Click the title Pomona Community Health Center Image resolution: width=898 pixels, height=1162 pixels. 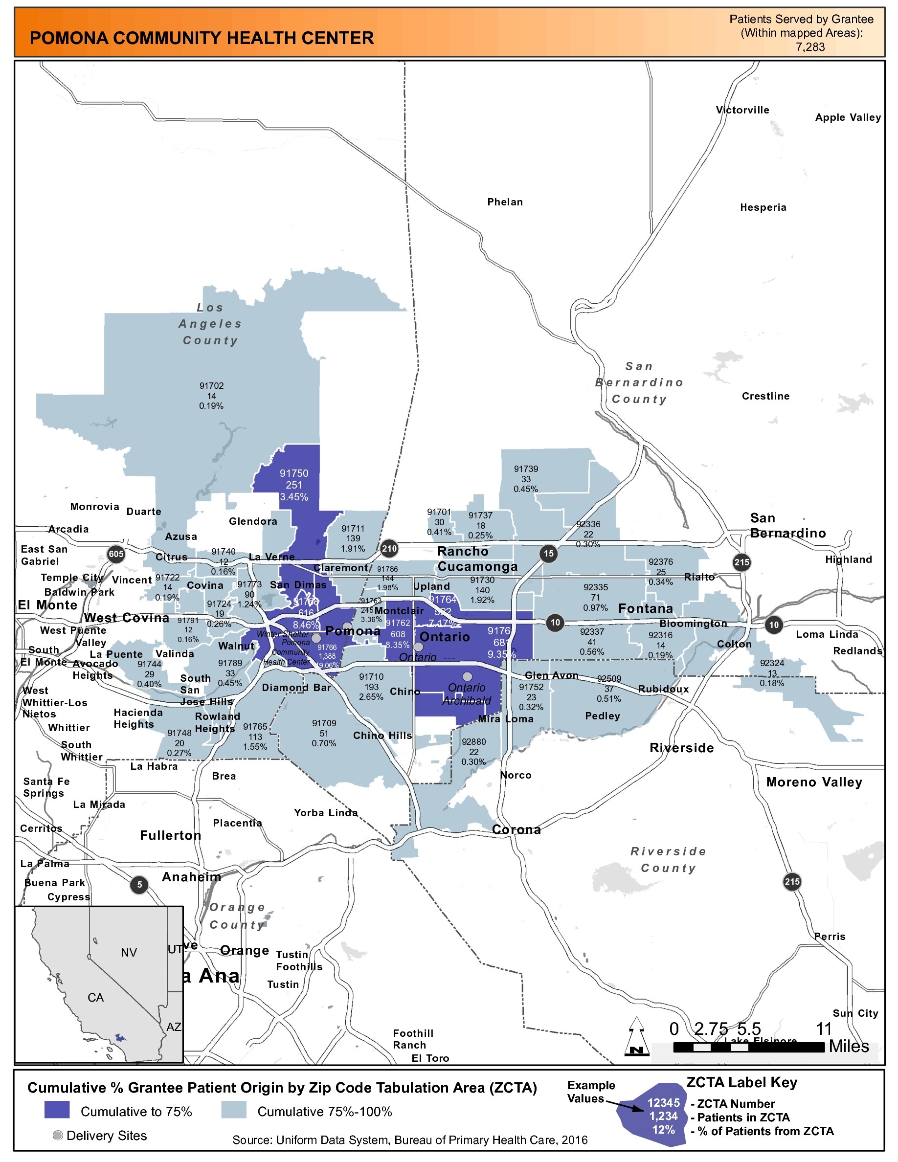coord(202,38)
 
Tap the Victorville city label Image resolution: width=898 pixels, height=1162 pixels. coord(742,110)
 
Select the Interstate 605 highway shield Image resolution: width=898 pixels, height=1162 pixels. coord(116,554)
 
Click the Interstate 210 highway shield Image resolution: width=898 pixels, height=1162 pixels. coord(389,549)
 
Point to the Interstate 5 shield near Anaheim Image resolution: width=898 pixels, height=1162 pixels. coord(139,884)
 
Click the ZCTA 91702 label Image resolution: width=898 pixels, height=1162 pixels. coord(211,396)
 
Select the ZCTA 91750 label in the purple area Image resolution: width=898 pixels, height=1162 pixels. coord(293,485)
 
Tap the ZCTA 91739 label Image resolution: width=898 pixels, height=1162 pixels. coord(526,478)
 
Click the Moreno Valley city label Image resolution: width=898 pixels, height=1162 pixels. coord(813,782)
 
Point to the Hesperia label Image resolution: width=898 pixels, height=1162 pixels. coord(763,207)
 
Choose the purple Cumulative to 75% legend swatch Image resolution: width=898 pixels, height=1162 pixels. coord(57,1110)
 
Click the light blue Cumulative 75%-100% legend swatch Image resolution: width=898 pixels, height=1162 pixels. coord(233,1110)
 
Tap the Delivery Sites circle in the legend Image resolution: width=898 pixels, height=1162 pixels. coord(58,1136)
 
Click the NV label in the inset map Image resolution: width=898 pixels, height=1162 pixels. coord(129,952)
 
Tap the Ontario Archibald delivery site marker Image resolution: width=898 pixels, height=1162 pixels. coord(467,676)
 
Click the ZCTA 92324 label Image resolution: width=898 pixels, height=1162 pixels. coord(772,673)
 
